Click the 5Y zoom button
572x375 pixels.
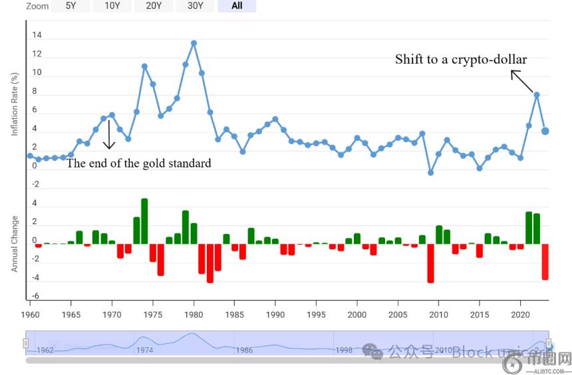click(x=71, y=6)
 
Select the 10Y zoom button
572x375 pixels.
click(x=112, y=6)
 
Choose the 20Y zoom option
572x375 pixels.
click(x=154, y=6)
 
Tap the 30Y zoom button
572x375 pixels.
click(x=195, y=6)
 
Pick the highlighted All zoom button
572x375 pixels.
click(x=237, y=6)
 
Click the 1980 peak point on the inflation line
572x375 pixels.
click(x=194, y=43)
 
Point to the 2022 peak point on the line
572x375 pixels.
click(x=537, y=94)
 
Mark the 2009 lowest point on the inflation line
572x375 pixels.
click(x=430, y=173)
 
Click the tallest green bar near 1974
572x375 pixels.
click(x=144, y=221)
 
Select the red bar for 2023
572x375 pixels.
click(x=545, y=261)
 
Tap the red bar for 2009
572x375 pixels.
click(x=430, y=263)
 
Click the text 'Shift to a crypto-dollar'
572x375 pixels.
click(x=461, y=59)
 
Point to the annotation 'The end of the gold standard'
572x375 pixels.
click(x=138, y=163)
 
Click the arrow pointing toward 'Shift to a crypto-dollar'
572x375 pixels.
click(x=521, y=81)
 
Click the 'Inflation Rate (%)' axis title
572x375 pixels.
click(x=15, y=105)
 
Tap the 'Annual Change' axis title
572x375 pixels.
click(x=15, y=243)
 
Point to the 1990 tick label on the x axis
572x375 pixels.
click(x=275, y=314)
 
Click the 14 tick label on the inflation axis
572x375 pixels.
click(x=37, y=35)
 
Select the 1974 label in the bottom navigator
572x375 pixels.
click(x=144, y=350)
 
